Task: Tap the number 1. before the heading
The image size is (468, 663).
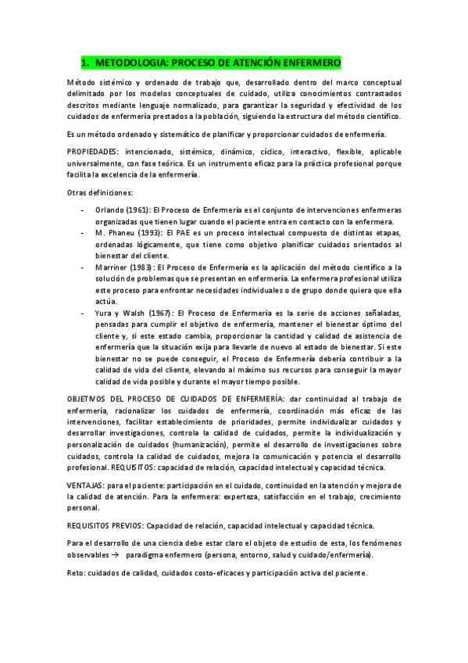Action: click(x=86, y=62)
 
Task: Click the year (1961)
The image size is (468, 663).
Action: click(x=139, y=210)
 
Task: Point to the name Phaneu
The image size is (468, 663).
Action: click(x=120, y=233)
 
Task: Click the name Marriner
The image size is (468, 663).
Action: click(x=111, y=267)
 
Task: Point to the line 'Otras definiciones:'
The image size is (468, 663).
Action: click(x=100, y=192)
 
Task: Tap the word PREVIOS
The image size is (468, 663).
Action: click(x=128, y=525)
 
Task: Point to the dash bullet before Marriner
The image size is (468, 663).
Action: click(x=83, y=267)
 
